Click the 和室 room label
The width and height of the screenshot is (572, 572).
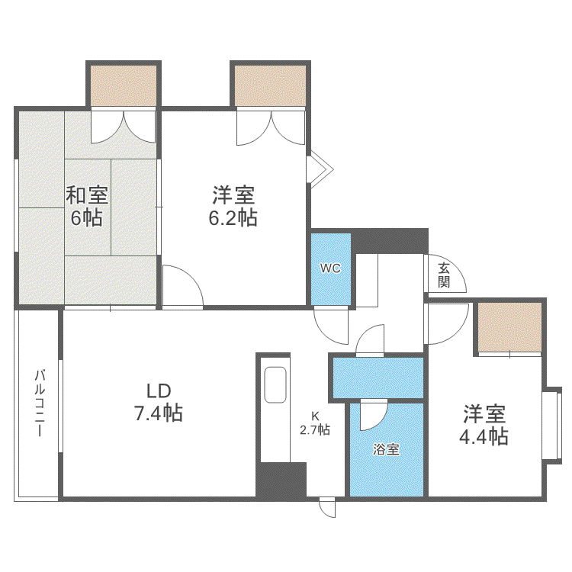tap(87, 195)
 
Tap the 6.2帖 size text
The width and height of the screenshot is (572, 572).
tap(233, 218)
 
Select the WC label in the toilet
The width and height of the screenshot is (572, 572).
tap(330, 268)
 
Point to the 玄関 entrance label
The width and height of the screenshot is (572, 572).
tap(444, 275)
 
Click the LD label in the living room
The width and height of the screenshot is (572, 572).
tap(159, 391)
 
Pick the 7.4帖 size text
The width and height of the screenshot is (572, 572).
tap(159, 413)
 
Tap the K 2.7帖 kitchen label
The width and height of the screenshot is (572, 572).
tap(315, 423)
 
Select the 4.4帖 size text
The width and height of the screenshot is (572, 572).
tap(484, 437)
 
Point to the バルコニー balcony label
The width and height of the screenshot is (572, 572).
tap(40, 403)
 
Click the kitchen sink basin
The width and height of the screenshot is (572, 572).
tap(275, 384)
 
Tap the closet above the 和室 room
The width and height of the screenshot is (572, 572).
tap(124, 86)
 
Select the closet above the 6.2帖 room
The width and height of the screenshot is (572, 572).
tap(270, 86)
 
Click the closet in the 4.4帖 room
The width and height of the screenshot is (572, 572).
tap(509, 327)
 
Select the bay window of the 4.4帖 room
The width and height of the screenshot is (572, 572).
tap(551, 426)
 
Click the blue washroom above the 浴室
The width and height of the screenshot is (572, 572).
tap(378, 378)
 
